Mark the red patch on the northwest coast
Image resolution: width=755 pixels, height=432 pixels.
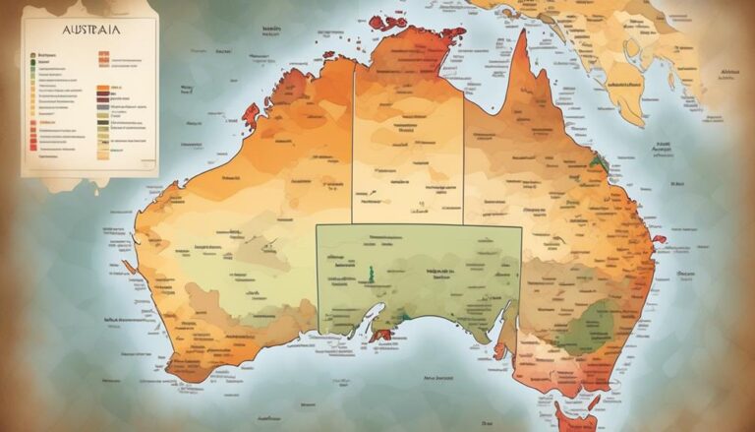tap(252, 115)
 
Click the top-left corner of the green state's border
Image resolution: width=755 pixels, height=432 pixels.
tap(318, 225)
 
